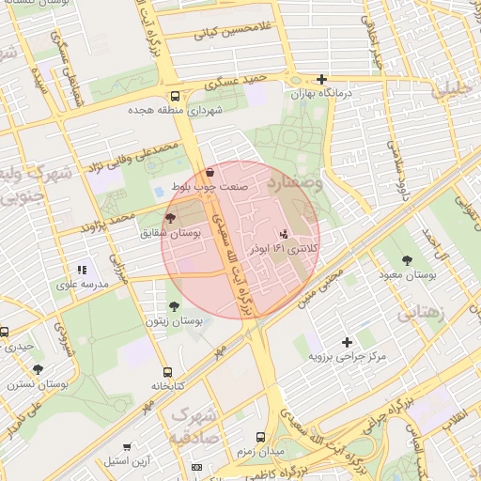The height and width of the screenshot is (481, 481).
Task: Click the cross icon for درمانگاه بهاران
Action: point(322,80)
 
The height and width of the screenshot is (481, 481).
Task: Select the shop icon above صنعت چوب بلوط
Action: point(209,172)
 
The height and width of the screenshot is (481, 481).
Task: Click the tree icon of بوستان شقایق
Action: point(169,218)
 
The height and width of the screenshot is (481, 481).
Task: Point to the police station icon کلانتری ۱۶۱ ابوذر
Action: point(285,233)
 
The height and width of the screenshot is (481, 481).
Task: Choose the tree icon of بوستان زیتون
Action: point(174,306)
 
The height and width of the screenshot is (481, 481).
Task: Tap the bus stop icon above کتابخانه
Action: point(167,372)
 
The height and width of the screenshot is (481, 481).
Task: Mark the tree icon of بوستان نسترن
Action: point(38,370)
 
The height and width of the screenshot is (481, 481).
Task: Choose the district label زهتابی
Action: point(420,313)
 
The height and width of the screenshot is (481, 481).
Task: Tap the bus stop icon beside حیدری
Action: point(5,332)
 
